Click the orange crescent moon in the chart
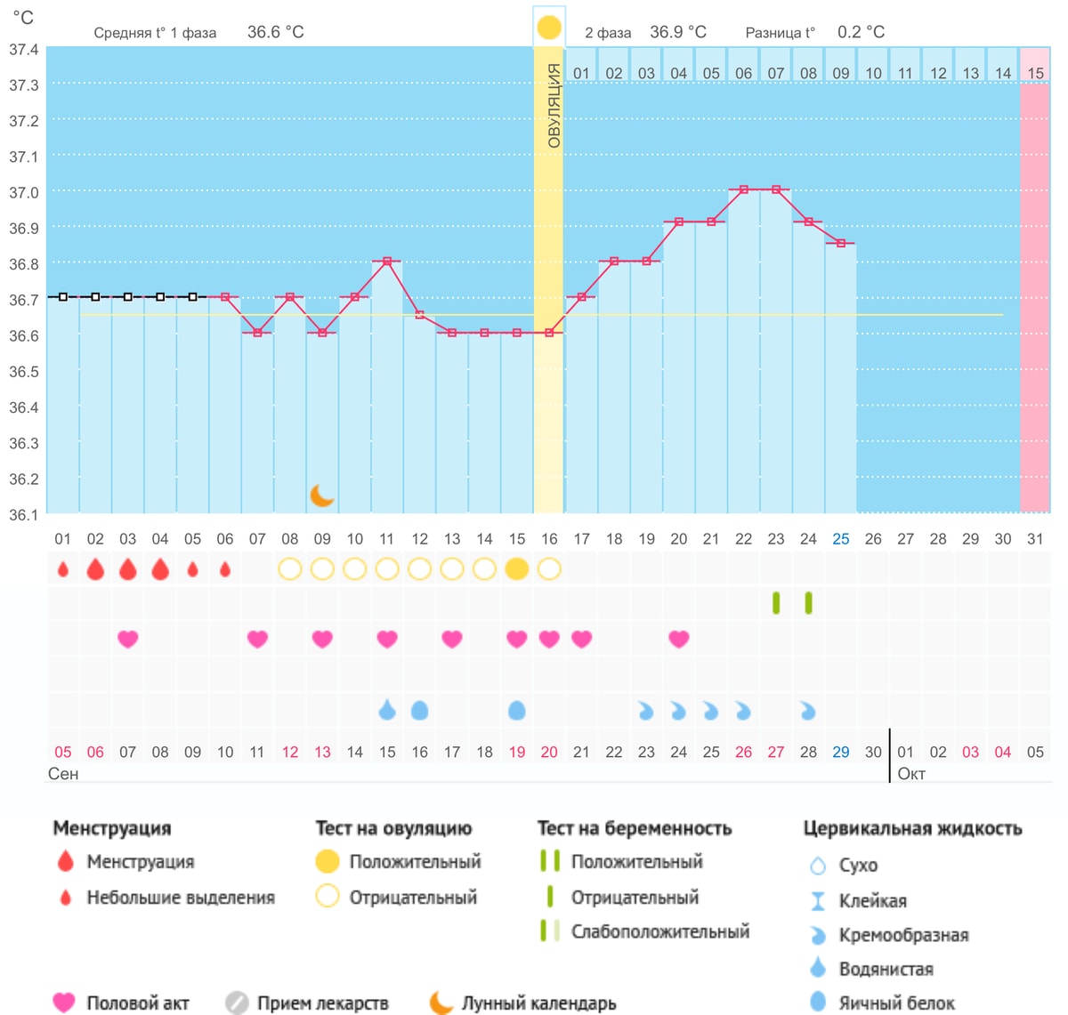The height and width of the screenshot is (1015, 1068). pyautogui.click(x=321, y=495)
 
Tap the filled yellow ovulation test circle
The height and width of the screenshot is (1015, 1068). pyautogui.click(x=516, y=568)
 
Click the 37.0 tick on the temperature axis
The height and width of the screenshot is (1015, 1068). pyautogui.click(x=24, y=192)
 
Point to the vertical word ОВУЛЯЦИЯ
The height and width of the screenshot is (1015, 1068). pyautogui.click(x=553, y=105)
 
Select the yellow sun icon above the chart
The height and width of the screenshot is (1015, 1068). pyautogui.click(x=548, y=28)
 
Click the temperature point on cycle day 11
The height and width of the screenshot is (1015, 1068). pyautogui.click(x=386, y=262)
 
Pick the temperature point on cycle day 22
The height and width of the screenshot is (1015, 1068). pyautogui.click(x=743, y=189)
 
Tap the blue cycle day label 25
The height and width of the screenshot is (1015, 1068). pyautogui.click(x=840, y=539)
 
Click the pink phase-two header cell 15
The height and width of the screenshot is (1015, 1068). pyautogui.click(x=1034, y=73)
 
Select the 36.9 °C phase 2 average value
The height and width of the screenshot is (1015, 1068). pyautogui.click(x=677, y=32)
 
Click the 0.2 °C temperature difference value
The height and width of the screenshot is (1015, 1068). pyautogui.click(x=861, y=32)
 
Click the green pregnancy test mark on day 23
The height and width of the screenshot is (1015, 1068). pyautogui.click(x=775, y=603)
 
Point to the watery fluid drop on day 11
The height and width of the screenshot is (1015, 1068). pyautogui.click(x=386, y=709)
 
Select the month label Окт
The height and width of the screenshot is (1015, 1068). pyautogui.click(x=910, y=773)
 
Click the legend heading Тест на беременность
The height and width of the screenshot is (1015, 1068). pyautogui.click(x=634, y=828)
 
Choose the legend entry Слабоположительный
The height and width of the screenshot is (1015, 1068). pyautogui.click(x=659, y=931)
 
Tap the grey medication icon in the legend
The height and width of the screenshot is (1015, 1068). pyautogui.click(x=237, y=1003)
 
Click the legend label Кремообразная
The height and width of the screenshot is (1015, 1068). pyautogui.click(x=903, y=935)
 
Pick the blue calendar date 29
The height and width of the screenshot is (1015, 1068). pyautogui.click(x=840, y=752)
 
